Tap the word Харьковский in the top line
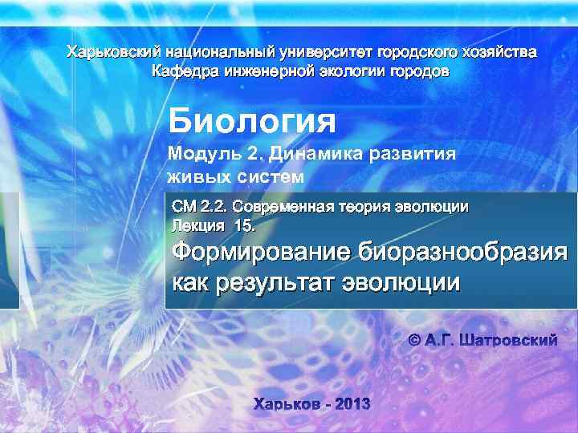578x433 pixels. click(107, 53)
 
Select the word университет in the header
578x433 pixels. click(328, 53)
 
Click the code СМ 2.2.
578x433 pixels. click(194, 205)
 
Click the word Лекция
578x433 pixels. click(197, 225)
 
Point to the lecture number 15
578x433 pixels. click(244, 225)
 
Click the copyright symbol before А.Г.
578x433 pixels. click(415, 341)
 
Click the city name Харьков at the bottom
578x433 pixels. click(285, 403)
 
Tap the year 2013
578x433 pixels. click(352, 403)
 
